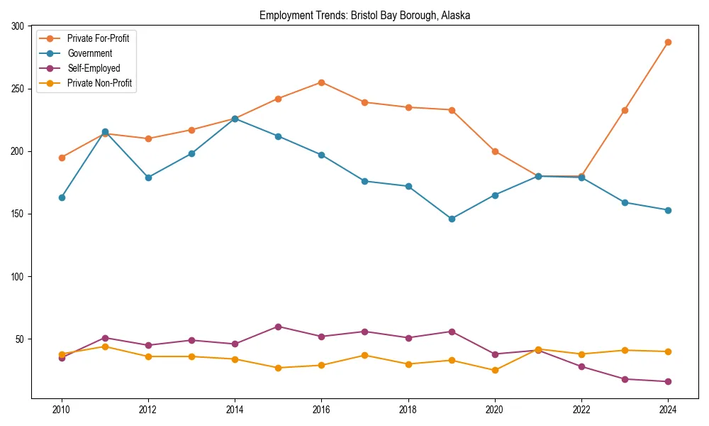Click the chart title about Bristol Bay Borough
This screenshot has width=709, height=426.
tap(364, 15)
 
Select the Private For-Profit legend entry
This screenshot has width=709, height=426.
tap(98, 38)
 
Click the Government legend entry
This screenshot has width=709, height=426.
tap(89, 53)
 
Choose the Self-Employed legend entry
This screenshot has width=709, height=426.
tap(94, 68)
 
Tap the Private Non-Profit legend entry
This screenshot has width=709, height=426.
tap(99, 84)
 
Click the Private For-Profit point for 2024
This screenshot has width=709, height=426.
tap(668, 42)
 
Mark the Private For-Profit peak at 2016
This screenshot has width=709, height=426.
tap(321, 82)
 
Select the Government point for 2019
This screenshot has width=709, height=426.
tap(452, 219)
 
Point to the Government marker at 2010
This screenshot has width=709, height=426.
tap(62, 197)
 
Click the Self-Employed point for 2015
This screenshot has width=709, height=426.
tap(278, 327)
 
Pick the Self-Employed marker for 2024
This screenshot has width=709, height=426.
tap(668, 381)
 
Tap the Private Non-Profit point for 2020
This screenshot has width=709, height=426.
tap(495, 370)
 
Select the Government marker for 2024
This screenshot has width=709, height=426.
tap(668, 210)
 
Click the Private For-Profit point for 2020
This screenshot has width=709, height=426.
tap(495, 151)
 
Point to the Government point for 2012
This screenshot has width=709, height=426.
tap(148, 177)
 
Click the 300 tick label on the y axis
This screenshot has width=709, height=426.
tap(18, 26)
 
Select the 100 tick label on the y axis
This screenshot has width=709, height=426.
tap(18, 276)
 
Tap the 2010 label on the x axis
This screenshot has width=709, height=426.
tap(62, 409)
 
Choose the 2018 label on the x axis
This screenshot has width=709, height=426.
tap(408, 409)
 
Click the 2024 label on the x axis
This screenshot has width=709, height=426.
tap(668, 409)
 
